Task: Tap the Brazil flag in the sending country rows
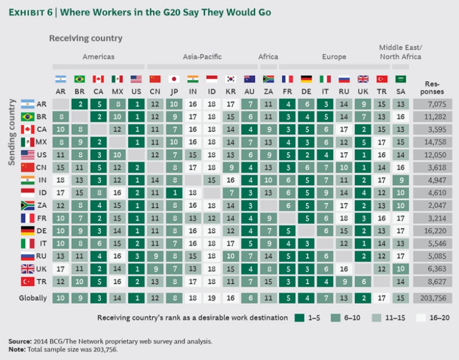point(27,116)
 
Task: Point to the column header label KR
point(230,91)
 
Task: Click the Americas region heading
point(97,57)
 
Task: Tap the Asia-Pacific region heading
point(202,57)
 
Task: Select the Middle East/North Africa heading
point(400,52)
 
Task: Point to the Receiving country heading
point(85,38)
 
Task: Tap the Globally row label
point(32,297)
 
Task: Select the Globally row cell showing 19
point(211,297)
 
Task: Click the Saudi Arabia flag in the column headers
point(400,79)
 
